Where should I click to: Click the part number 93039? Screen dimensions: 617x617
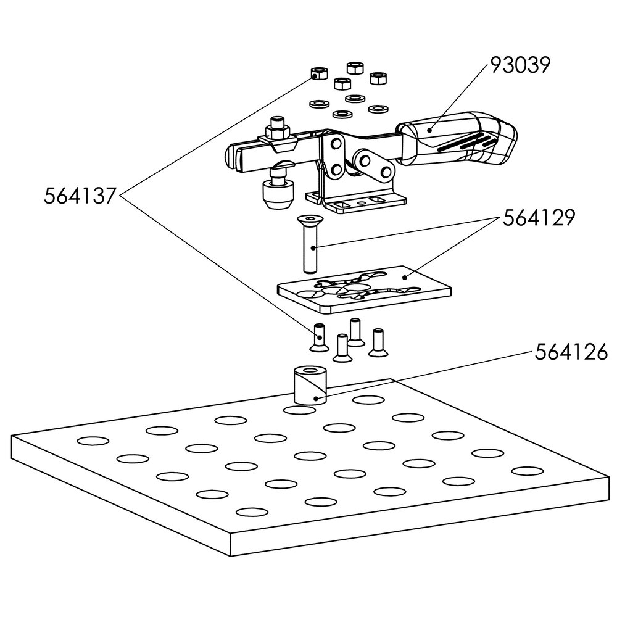(520, 65)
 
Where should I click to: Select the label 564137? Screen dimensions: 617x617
(80, 196)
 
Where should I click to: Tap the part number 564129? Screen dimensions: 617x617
(539, 218)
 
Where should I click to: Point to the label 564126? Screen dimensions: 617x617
(571, 352)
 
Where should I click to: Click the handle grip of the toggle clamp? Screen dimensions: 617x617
(457, 137)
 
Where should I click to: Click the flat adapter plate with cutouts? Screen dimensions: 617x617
(365, 290)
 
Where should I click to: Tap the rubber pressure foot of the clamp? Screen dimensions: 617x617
(278, 194)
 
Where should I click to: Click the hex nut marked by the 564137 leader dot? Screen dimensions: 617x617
(318, 73)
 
